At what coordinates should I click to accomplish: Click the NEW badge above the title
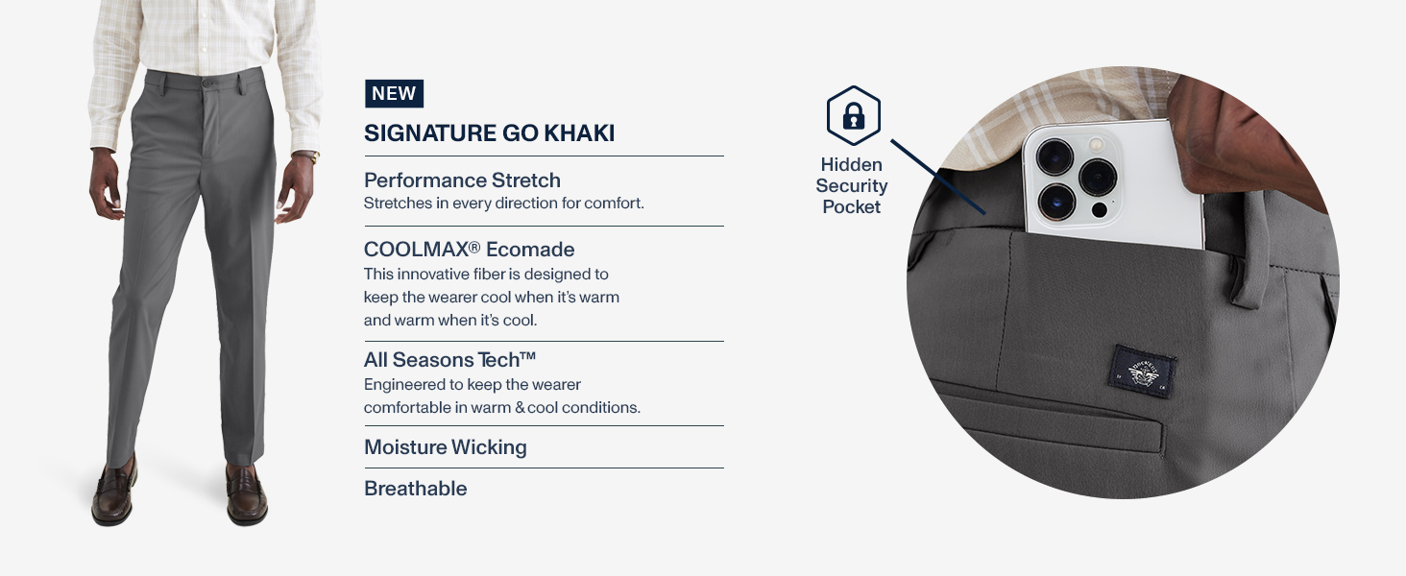(394, 93)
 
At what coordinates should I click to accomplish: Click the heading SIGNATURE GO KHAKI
(490, 133)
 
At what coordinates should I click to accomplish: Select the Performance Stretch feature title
(462, 180)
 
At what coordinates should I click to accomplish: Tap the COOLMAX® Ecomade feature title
(469, 249)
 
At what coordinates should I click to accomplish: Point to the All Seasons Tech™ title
(450, 360)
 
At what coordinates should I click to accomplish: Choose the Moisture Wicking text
(446, 447)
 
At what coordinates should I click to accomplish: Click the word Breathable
(416, 488)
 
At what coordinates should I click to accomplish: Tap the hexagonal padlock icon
(854, 116)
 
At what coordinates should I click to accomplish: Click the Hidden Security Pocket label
(852, 185)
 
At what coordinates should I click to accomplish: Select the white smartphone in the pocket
(1112, 183)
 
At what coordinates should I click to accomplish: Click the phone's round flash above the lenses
(1097, 144)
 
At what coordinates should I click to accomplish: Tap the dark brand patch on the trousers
(1145, 372)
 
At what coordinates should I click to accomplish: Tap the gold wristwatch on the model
(313, 156)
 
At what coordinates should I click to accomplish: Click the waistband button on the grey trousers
(208, 83)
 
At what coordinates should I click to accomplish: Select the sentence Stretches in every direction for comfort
(504, 204)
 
